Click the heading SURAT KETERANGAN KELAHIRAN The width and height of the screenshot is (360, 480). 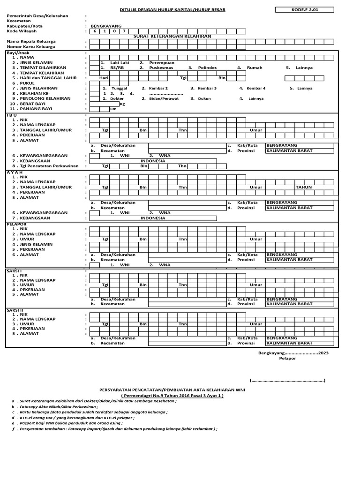pyautogui.click(x=172, y=36)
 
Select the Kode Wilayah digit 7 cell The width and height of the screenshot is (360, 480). pyautogui.click(x=124, y=31)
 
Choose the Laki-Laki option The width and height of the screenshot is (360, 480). pyautogui.click(x=119, y=62)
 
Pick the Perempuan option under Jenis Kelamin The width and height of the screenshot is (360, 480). pyautogui.click(x=162, y=62)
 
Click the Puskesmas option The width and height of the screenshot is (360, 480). pyautogui.click(x=162, y=67)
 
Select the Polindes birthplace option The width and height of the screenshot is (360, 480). pyautogui.click(x=207, y=67)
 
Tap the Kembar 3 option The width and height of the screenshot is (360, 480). pyautogui.click(x=207, y=88)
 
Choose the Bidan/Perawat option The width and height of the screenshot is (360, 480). pyautogui.click(x=166, y=98)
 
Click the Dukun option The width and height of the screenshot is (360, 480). pyautogui.click(x=205, y=98)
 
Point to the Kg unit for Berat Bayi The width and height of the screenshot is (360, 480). pyautogui.click(x=123, y=104)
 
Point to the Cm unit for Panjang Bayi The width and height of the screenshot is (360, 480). pyautogui.click(x=113, y=109)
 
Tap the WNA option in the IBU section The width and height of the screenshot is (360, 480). pyautogui.click(x=165, y=155)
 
